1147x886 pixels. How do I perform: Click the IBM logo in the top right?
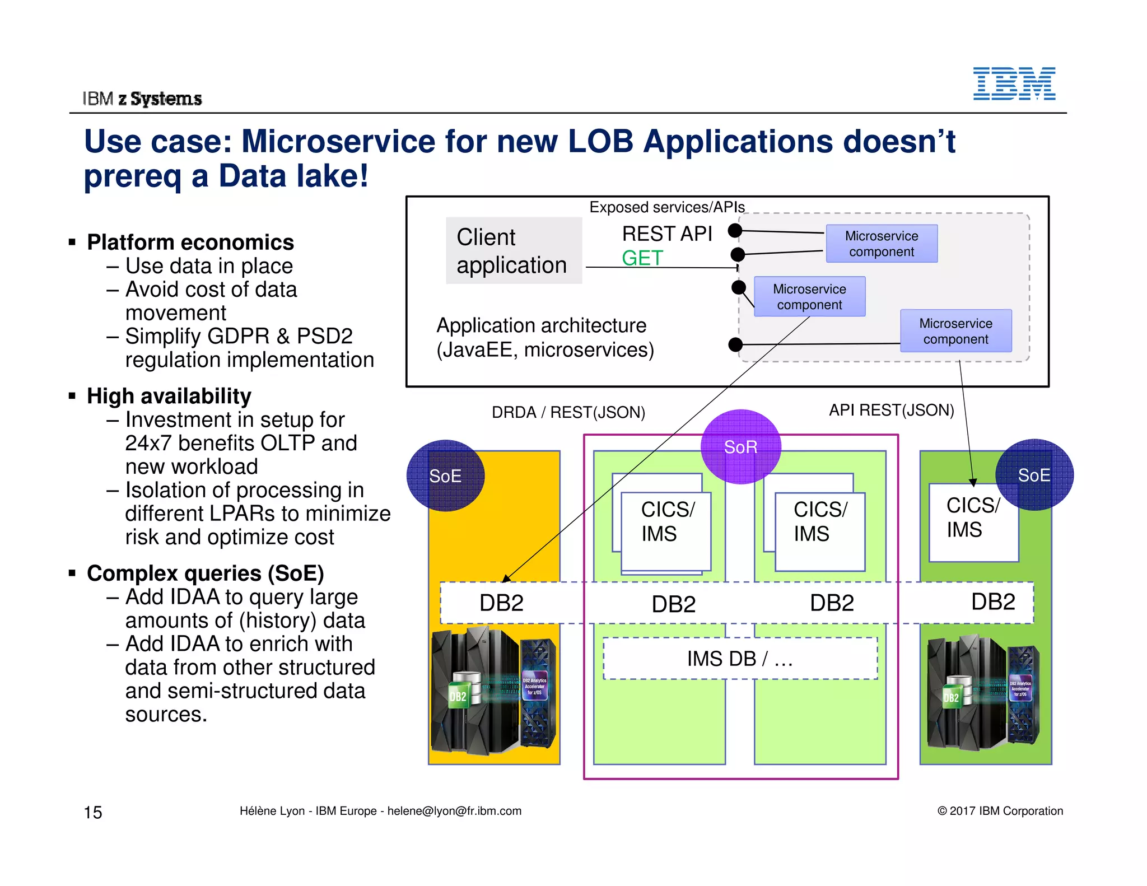(1014, 84)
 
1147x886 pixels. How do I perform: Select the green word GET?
(642, 258)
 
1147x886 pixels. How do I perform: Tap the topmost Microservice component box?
(882, 244)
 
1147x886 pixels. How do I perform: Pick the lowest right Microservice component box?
(955, 331)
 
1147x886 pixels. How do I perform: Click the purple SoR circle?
(740, 447)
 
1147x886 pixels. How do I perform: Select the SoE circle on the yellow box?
(445, 475)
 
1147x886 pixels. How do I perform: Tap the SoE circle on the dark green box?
(1034, 475)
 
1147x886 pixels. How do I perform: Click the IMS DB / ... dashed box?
(740, 659)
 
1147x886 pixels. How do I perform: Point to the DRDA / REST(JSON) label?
(568, 413)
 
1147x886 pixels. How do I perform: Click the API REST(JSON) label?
(891, 411)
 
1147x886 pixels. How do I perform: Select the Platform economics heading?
(190, 243)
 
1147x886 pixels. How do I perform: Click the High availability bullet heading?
(169, 396)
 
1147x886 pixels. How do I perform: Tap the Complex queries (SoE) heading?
(205, 573)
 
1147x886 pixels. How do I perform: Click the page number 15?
(93, 812)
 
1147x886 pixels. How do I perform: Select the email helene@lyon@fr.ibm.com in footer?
(454, 811)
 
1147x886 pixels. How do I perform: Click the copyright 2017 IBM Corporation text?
(1000, 811)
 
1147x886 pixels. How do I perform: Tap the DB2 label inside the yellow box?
(501, 603)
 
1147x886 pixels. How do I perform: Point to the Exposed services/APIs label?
(666, 207)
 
